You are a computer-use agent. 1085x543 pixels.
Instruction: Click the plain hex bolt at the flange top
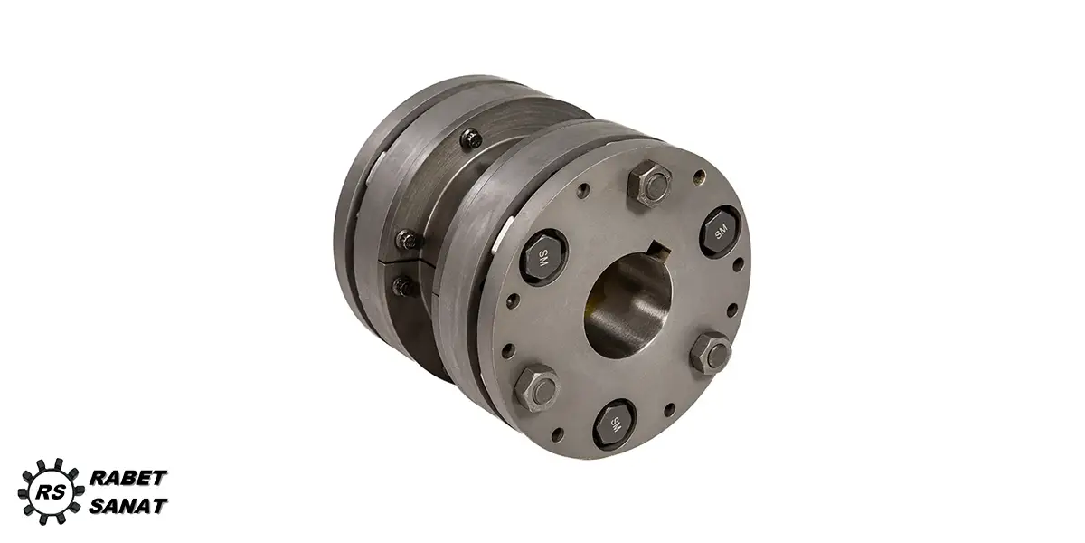pyautogui.click(x=649, y=185)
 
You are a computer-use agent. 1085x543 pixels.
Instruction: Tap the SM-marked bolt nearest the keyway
pyautogui.click(x=721, y=233)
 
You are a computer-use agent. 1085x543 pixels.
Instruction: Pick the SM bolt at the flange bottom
pyautogui.click(x=614, y=425)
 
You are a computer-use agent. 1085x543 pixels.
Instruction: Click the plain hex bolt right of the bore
pyautogui.click(x=711, y=353)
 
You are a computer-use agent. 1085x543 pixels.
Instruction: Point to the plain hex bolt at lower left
pyautogui.click(x=537, y=388)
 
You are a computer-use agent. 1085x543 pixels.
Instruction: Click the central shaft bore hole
pyautogui.click(x=628, y=307)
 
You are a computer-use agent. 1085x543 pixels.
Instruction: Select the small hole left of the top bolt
pyautogui.click(x=585, y=190)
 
